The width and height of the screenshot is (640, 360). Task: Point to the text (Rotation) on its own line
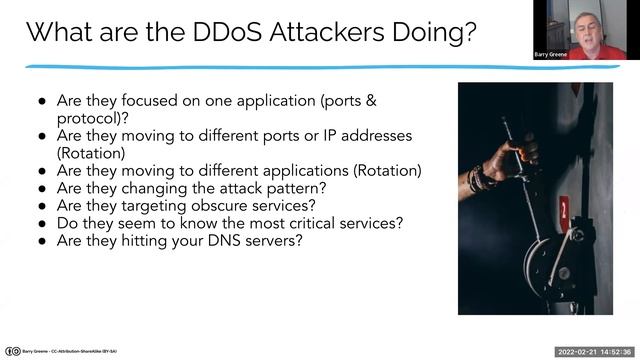91,153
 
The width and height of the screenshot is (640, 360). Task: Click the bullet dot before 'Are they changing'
42,187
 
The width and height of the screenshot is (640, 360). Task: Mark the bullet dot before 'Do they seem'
42,222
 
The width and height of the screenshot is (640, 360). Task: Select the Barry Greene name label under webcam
552,54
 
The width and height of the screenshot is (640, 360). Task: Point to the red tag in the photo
565,212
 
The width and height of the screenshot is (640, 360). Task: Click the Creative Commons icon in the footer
12,351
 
